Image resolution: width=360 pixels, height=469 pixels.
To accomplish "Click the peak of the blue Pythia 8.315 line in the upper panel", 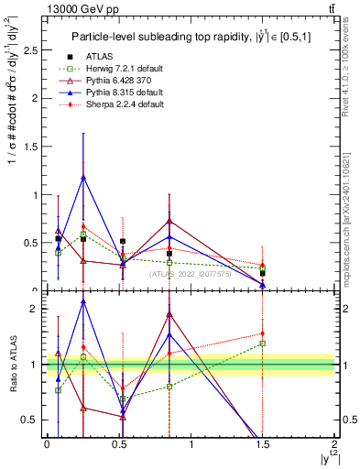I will [84, 178].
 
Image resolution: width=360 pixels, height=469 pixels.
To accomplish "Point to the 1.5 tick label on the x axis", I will [263, 443].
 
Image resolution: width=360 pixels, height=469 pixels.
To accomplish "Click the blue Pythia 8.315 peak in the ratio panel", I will [84, 301].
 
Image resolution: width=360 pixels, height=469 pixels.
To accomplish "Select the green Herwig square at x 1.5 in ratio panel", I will [262, 344].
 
